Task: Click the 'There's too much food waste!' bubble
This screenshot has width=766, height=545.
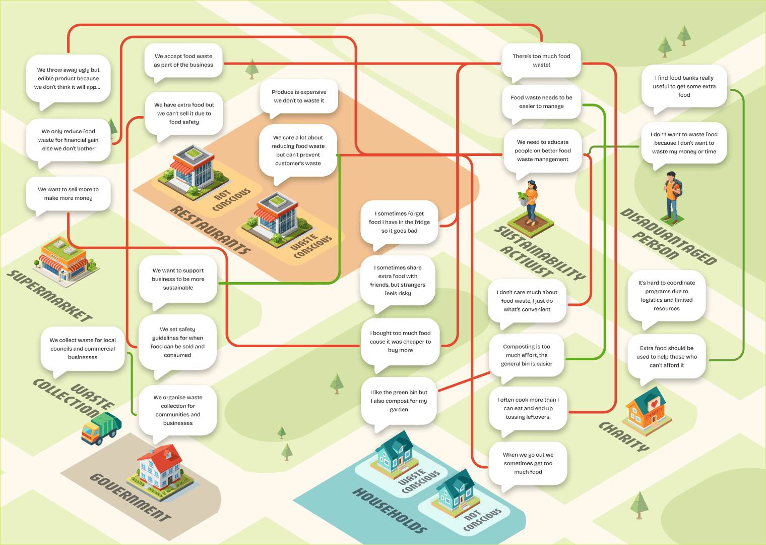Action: tap(541, 61)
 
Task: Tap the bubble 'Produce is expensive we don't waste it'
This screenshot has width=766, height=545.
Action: tap(299, 96)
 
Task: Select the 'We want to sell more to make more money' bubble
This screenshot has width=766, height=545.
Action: tap(69, 194)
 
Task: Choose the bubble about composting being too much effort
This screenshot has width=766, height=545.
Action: tap(527, 355)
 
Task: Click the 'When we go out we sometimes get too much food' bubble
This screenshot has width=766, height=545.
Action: tap(528, 463)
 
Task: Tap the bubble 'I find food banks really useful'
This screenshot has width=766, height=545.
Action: tap(684, 86)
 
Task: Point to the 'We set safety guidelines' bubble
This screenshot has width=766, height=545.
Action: tap(177, 342)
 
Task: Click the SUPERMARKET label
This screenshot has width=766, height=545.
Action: tap(49, 296)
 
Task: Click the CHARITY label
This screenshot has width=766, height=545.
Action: tap(624, 437)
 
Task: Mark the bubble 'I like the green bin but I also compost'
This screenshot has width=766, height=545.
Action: tap(399, 401)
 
